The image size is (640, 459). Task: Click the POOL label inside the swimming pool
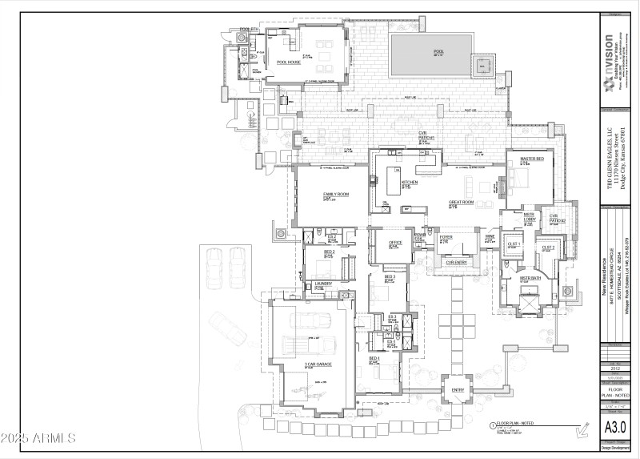438,50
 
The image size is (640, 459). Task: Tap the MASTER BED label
532,159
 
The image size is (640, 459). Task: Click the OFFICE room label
395,243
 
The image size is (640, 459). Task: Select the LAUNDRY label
323,284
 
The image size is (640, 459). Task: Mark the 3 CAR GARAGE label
318,364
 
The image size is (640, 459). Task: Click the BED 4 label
374,358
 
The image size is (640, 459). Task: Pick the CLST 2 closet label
548,248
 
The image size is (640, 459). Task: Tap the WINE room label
490,237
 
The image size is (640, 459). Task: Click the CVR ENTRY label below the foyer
456,262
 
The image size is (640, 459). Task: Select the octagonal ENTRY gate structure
458,391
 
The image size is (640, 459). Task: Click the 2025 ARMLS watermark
38,437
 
